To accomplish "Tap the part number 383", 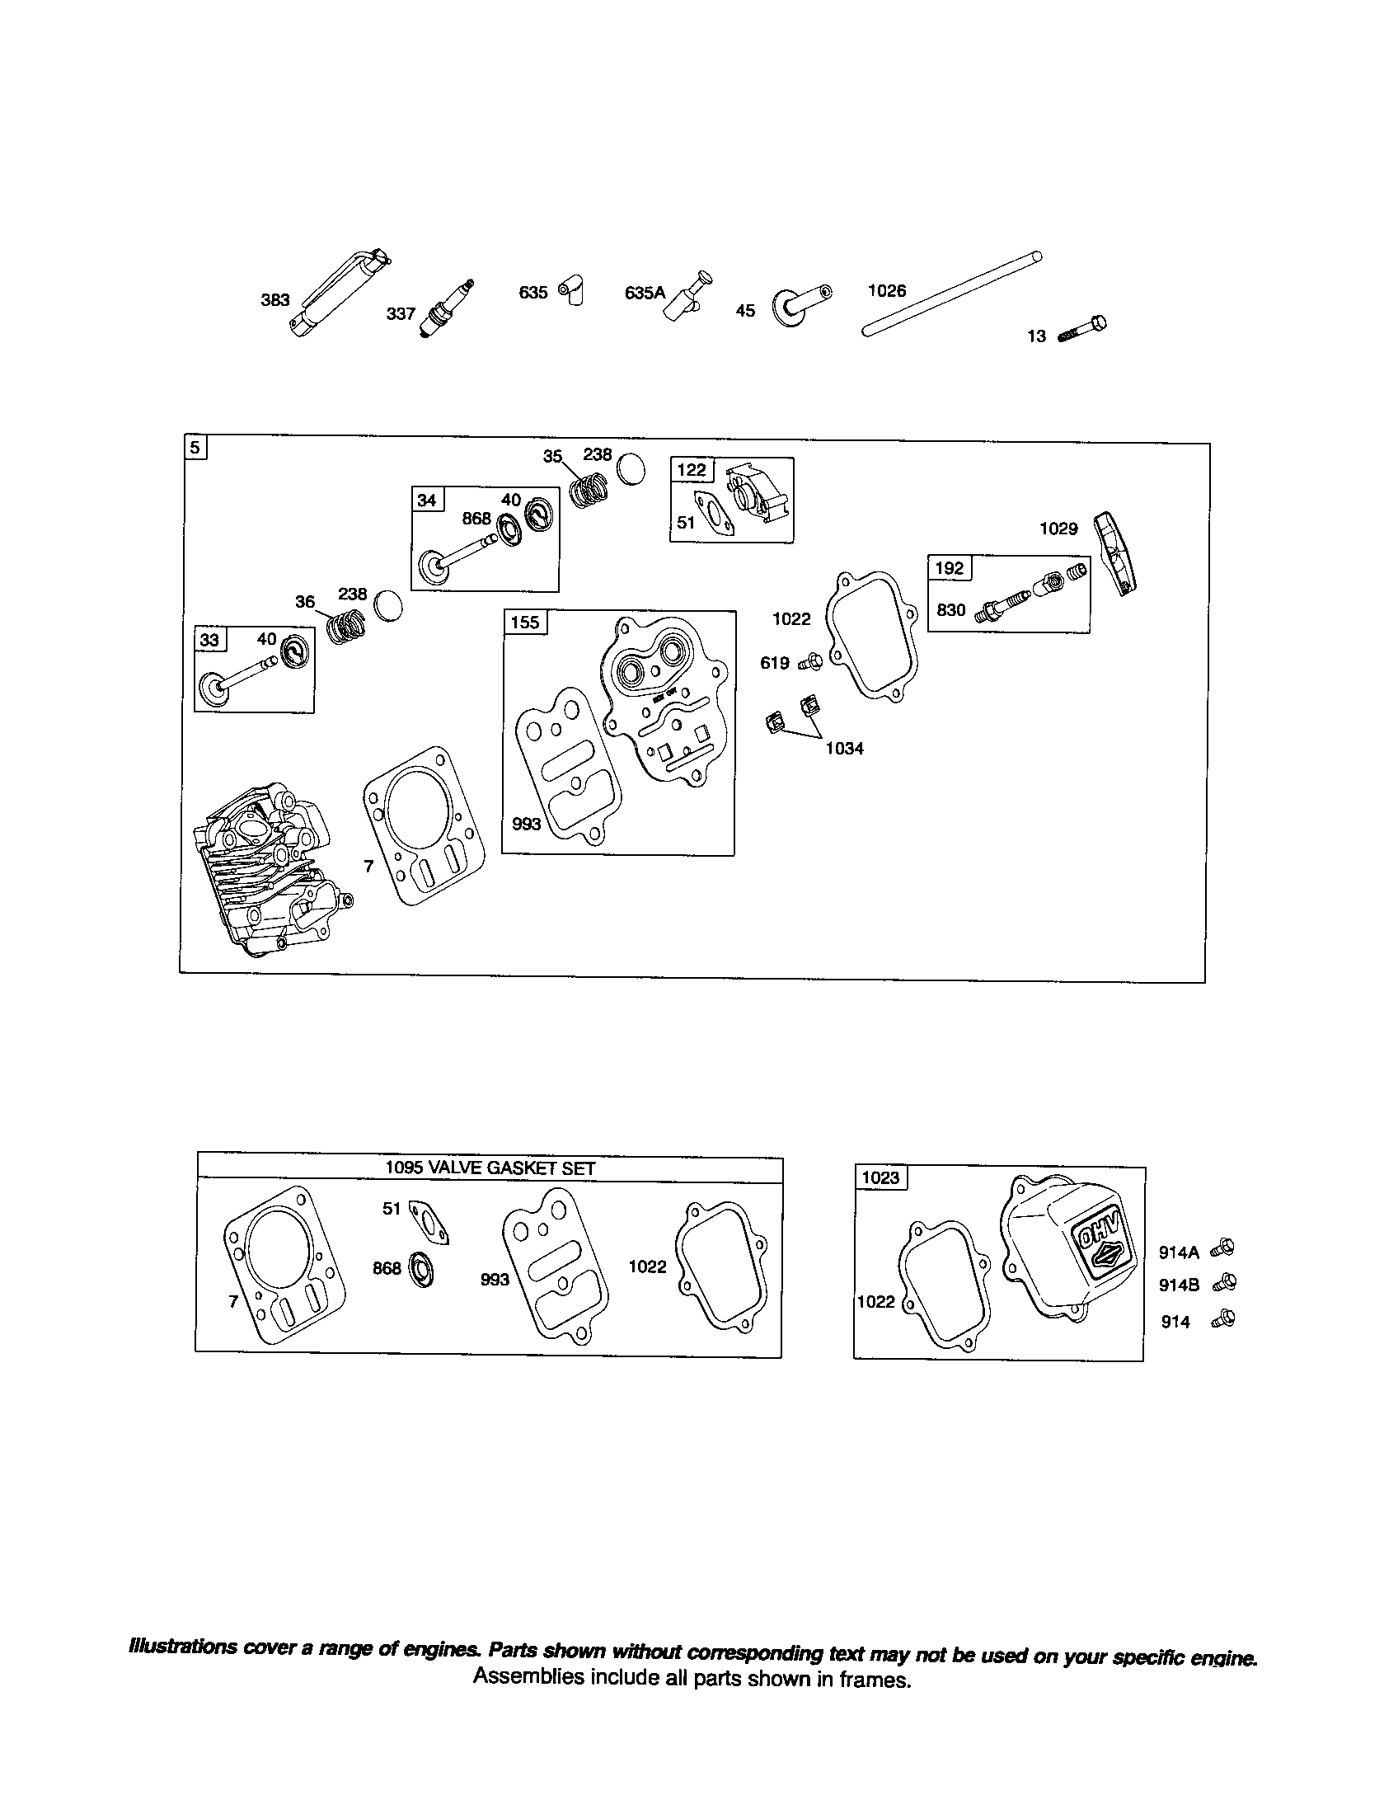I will click(x=274, y=300).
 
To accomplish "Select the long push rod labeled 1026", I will click(x=952, y=295).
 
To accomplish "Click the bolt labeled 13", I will click(x=1083, y=329).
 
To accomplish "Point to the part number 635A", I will click(x=645, y=293).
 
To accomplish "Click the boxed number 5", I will click(x=195, y=448).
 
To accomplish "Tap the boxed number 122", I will click(x=692, y=470).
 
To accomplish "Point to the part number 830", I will click(x=950, y=610).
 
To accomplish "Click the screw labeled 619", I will click(x=811, y=663).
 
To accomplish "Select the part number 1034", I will click(x=844, y=749).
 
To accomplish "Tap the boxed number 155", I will click(x=525, y=622).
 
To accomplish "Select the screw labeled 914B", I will click(x=1225, y=1284).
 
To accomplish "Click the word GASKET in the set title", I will click(x=523, y=1167).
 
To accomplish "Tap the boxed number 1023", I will click(x=881, y=1177).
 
